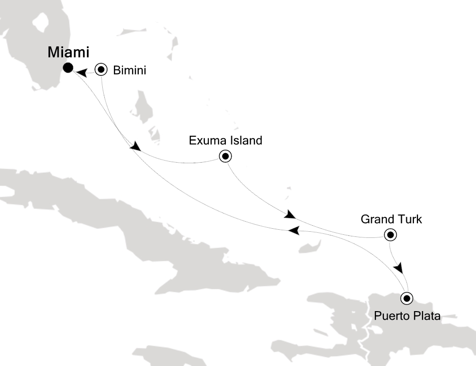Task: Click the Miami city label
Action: tap(69, 52)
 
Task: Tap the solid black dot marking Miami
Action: tap(68, 68)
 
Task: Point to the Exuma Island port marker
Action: tap(225, 156)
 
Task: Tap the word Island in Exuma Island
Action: tap(246, 140)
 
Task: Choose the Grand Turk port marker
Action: tap(390, 234)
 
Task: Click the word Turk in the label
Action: tap(410, 220)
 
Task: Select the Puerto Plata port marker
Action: tap(406, 298)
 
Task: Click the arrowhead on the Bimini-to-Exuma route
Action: tap(135, 146)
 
